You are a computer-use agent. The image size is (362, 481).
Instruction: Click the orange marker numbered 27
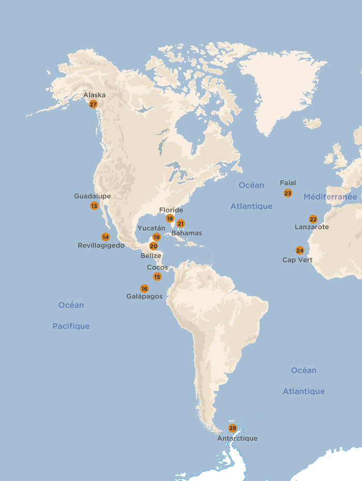coord(93,104)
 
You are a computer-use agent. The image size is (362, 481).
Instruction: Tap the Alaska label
coord(94,95)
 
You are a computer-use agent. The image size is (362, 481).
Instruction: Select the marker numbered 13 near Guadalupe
coord(94,206)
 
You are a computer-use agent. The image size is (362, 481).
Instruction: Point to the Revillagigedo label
coord(101,245)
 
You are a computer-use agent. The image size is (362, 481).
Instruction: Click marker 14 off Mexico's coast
coord(105,237)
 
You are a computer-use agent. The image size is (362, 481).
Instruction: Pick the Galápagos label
coord(144,297)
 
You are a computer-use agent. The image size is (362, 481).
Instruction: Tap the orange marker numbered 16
coord(144,288)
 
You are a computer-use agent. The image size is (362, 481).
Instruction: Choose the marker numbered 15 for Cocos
coord(157,276)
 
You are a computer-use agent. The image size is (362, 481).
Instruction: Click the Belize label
coord(151,255)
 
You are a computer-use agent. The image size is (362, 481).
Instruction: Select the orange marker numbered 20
coord(154,246)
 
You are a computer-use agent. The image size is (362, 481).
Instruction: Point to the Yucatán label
coord(151,228)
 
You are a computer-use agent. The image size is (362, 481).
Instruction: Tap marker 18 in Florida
coord(170,218)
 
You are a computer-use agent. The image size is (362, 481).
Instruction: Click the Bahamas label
coord(187,233)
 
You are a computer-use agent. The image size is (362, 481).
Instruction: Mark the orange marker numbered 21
coord(180,224)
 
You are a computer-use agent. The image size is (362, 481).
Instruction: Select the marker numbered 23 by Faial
coord(288,193)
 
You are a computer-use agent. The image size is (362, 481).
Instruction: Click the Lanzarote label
coord(311,227)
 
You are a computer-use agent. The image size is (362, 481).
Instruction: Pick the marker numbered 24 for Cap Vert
coord(299,250)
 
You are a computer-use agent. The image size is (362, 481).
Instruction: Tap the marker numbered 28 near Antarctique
coord(233,428)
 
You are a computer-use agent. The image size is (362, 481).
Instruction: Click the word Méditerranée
coord(330,197)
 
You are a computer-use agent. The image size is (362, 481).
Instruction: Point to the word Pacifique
coord(71,326)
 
